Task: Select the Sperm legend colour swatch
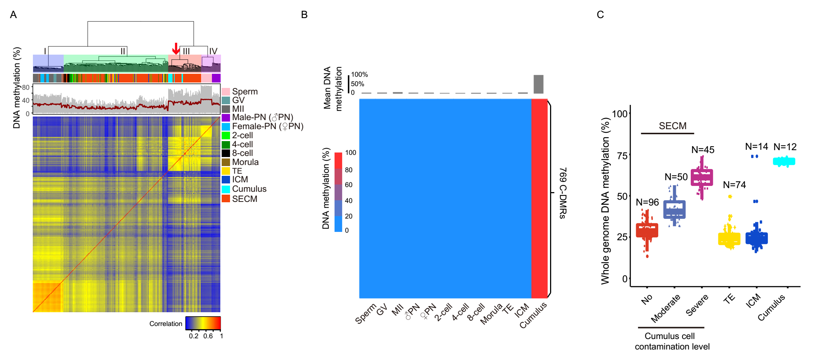pyautogui.click(x=226, y=92)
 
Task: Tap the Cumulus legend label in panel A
pyautogui.click(x=249, y=189)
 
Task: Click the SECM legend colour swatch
pyautogui.click(x=226, y=199)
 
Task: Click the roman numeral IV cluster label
pyautogui.click(x=213, y=51)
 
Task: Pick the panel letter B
pyautogui.click(x=304, y=15)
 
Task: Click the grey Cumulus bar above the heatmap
pyautogui.click(x=538, y=84)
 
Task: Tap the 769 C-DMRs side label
pyautogui.click(x=563, y=193)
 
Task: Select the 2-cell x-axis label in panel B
pyautogui.click(x=444, y=312)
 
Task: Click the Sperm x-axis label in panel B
pyautogui.click(x=366, y=314)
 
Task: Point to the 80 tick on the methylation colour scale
pyautogui.click(x=349, y=170)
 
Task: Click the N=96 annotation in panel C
pyautogui.click(x=647, y=202)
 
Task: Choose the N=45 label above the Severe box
pyautogui.click(x=702, y=150)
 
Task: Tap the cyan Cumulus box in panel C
pyautogui.click(x=784, y=161)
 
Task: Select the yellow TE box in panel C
pyautogui.click(x=729, y=239)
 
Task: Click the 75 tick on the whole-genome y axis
pyautogui.click(x=622, y=156)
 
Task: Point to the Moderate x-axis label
pyautogui.click(x=665, y=309)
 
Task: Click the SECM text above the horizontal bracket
pyautogui.click(x=672, y=126)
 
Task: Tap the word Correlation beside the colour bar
pyautogui.click(x=166, y=324)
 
